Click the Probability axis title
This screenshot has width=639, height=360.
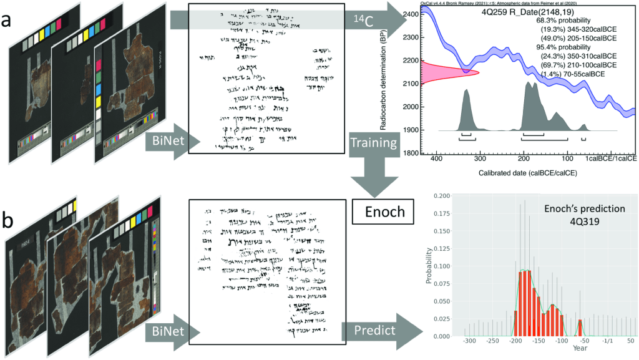[x=429, y=266]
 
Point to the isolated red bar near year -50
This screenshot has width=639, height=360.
[x=580, y=328]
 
